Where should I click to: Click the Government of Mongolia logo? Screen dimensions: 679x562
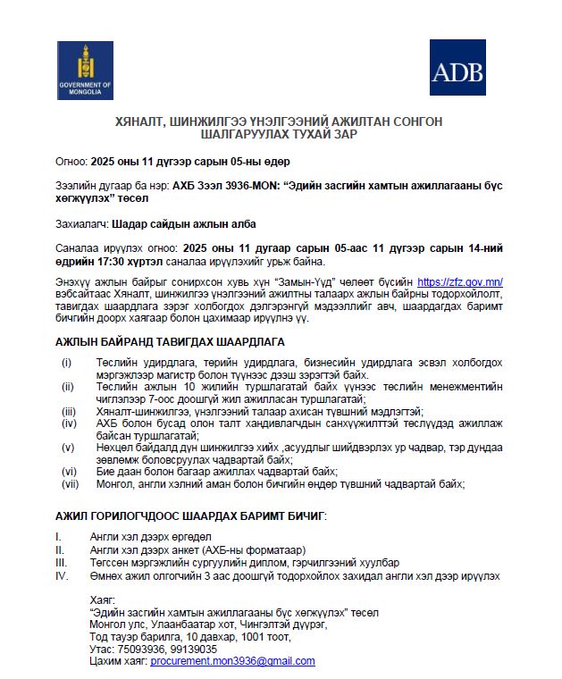86,71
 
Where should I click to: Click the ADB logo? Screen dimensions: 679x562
457,68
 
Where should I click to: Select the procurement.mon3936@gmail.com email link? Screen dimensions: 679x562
233,661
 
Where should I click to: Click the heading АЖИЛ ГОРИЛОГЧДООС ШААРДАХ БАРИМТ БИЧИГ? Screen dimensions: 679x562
190,516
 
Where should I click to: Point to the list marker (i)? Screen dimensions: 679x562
66,362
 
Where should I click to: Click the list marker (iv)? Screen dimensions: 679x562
68,423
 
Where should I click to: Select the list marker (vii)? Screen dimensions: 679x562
69,483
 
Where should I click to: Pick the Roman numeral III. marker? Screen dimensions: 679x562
61,563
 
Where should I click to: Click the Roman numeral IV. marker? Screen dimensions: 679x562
62,576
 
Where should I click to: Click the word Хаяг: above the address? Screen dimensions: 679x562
103,600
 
